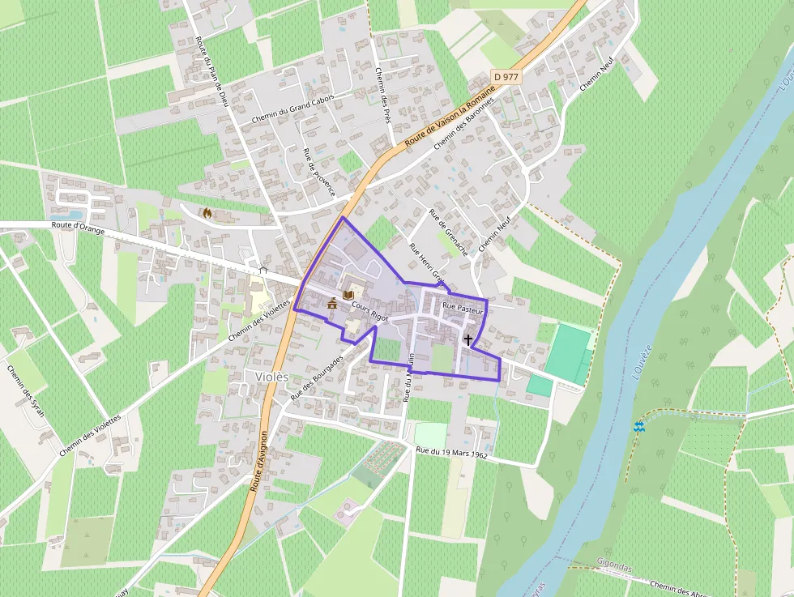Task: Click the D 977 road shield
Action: pyautogui.click(x=506, y=77)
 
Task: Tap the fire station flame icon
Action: pyautogui.click(x=207, y=214)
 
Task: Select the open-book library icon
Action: pyautogui.click(x=348, y=296)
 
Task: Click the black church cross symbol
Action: pyautogui.click(x=468, y=340)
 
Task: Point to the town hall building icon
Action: pyautogui.click(x=332, y=304)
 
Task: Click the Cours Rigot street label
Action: pyautogui.click(x=370, y=312)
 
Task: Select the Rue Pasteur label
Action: pyautogui.click(x=463, y=309)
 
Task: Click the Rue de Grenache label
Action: pyautogui.click(x=449, y=232)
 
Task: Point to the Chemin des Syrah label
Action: pyautogui.click(x=27, y=396)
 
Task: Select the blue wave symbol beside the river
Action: pyautogui.click(x=639, y=426)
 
